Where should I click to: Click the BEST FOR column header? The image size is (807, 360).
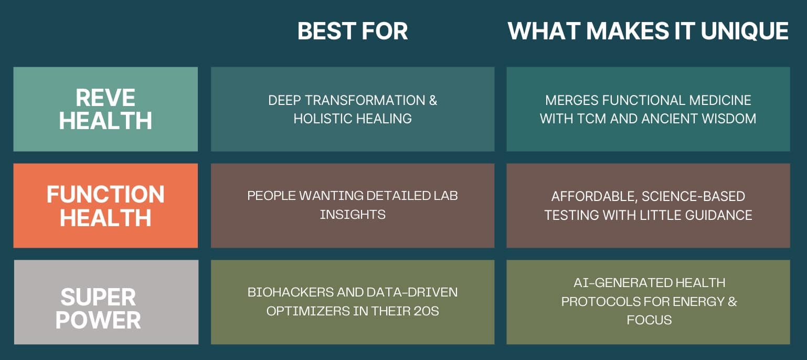click(353, 31)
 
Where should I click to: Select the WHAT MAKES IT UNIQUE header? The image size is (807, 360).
click(648, 31)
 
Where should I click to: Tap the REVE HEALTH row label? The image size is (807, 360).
click(105, 109)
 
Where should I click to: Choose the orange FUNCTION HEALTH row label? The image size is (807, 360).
click(105, 205)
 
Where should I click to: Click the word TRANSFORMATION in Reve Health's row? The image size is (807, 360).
click(365, 100)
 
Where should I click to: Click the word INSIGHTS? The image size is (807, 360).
click(353, 215)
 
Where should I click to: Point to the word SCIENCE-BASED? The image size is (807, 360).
click(694, 196)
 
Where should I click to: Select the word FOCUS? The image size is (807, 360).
click(649, 320)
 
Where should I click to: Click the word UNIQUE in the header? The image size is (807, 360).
click(745, 31)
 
